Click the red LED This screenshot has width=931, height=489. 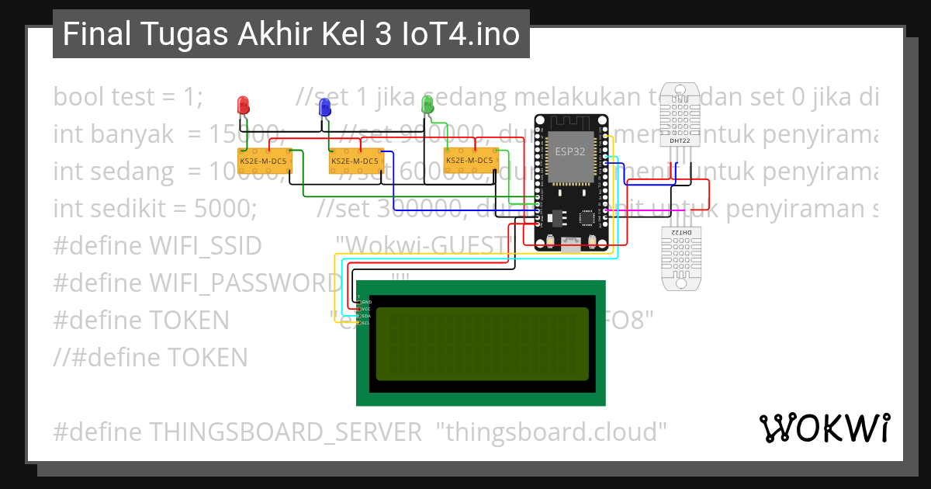pos(243,104)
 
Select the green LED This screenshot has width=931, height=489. pos(426,104)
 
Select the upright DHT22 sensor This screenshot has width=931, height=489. pos(680,115)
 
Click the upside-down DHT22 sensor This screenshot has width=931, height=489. pos(680,258)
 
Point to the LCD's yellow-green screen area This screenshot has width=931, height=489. pos(481,343)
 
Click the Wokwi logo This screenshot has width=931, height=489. pos(824,428)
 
